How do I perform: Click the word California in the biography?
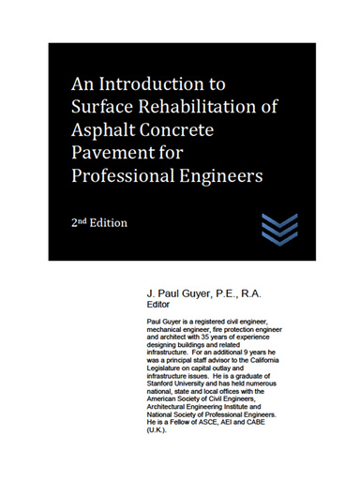(282, 360)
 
